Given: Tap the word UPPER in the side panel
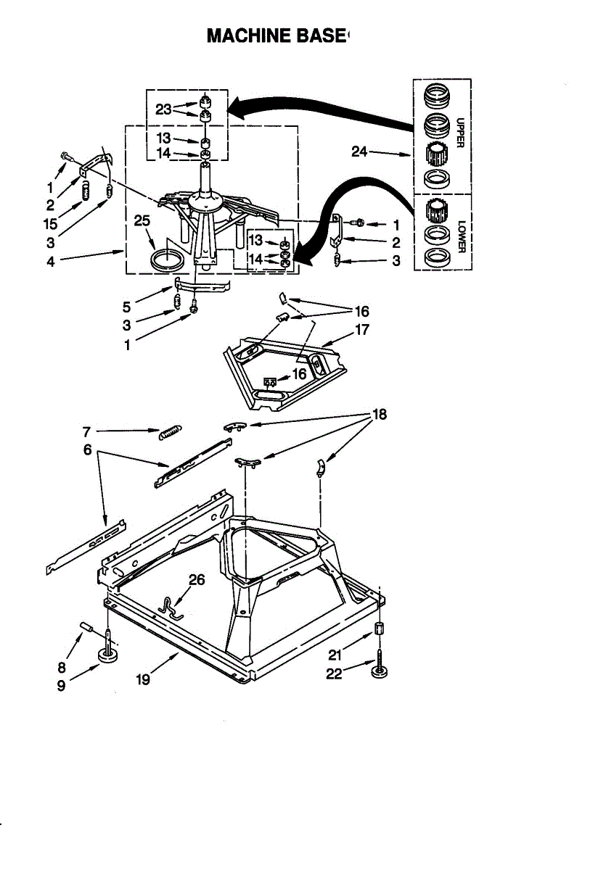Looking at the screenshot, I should coord(461,133).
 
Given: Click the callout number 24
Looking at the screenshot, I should coord(360,152).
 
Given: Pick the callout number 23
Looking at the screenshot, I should coord(163,109).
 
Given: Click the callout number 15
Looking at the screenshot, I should coord(50,224).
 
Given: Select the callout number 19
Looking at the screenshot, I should coord(144,680).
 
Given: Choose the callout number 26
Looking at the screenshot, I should coord(197,579).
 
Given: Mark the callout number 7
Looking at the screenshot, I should coord(86,431).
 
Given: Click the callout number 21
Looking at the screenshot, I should coord(335,655).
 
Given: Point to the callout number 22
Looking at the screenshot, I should coord(335,674).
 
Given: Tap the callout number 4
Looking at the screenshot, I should coord(51,262).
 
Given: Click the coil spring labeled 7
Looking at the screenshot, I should coord(168,432).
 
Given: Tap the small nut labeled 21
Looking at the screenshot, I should coord(379,629).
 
